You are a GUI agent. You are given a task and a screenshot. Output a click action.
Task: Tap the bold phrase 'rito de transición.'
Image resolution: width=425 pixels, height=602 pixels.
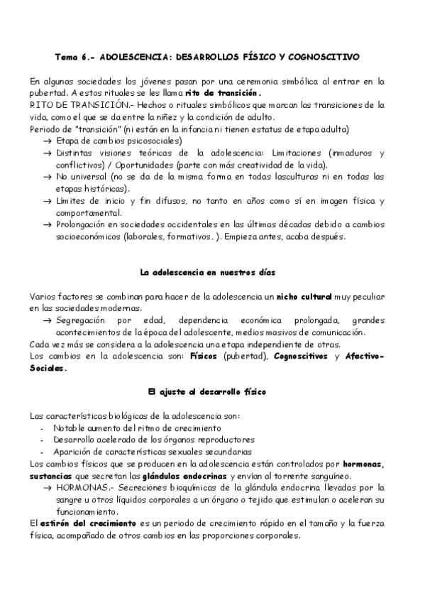click(x=223, y=93)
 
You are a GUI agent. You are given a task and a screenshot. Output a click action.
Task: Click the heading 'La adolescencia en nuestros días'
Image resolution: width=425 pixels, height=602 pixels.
click(x=207, y=272)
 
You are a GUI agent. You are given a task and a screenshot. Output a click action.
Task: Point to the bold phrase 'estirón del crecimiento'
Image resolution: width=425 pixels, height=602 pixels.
click(x=77, y=523)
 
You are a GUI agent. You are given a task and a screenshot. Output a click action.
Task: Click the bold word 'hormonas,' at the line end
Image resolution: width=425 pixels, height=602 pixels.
click(x=362, y=464)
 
